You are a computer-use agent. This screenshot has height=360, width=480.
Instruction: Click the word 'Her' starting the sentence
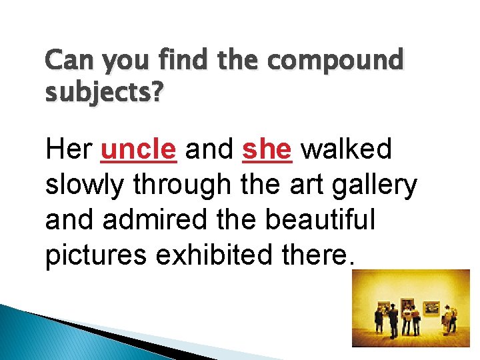pyautogui.click(x=69, y=151)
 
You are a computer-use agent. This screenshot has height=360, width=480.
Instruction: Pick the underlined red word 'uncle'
pyautogui.click(x=138, y=151)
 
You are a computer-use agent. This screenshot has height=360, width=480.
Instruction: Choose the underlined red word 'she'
pyautogui.click(x=267, y=151)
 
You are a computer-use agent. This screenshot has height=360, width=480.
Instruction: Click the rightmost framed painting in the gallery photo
pyautogui.click(x=431, y=307)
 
